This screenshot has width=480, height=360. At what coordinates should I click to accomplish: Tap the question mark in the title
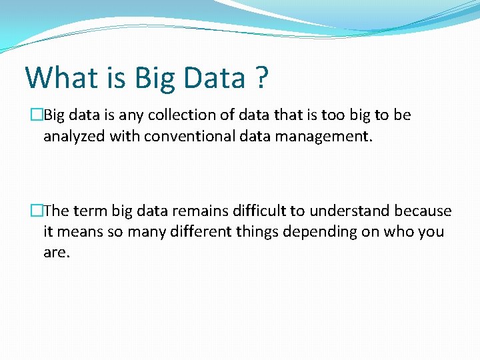tap(261, 77)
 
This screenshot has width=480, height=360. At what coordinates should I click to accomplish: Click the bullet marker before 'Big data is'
tap(37, 115)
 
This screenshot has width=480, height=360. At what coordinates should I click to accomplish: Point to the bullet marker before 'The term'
tap(37, 211)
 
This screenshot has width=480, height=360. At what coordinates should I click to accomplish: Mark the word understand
tap(350, 211)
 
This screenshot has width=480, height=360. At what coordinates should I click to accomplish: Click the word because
tap(423, 211)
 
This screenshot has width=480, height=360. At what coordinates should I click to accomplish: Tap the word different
tap(200, 232)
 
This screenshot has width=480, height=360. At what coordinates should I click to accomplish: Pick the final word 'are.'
tap(56, 253)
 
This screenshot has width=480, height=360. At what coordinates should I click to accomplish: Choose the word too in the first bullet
tap(332, 115)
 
